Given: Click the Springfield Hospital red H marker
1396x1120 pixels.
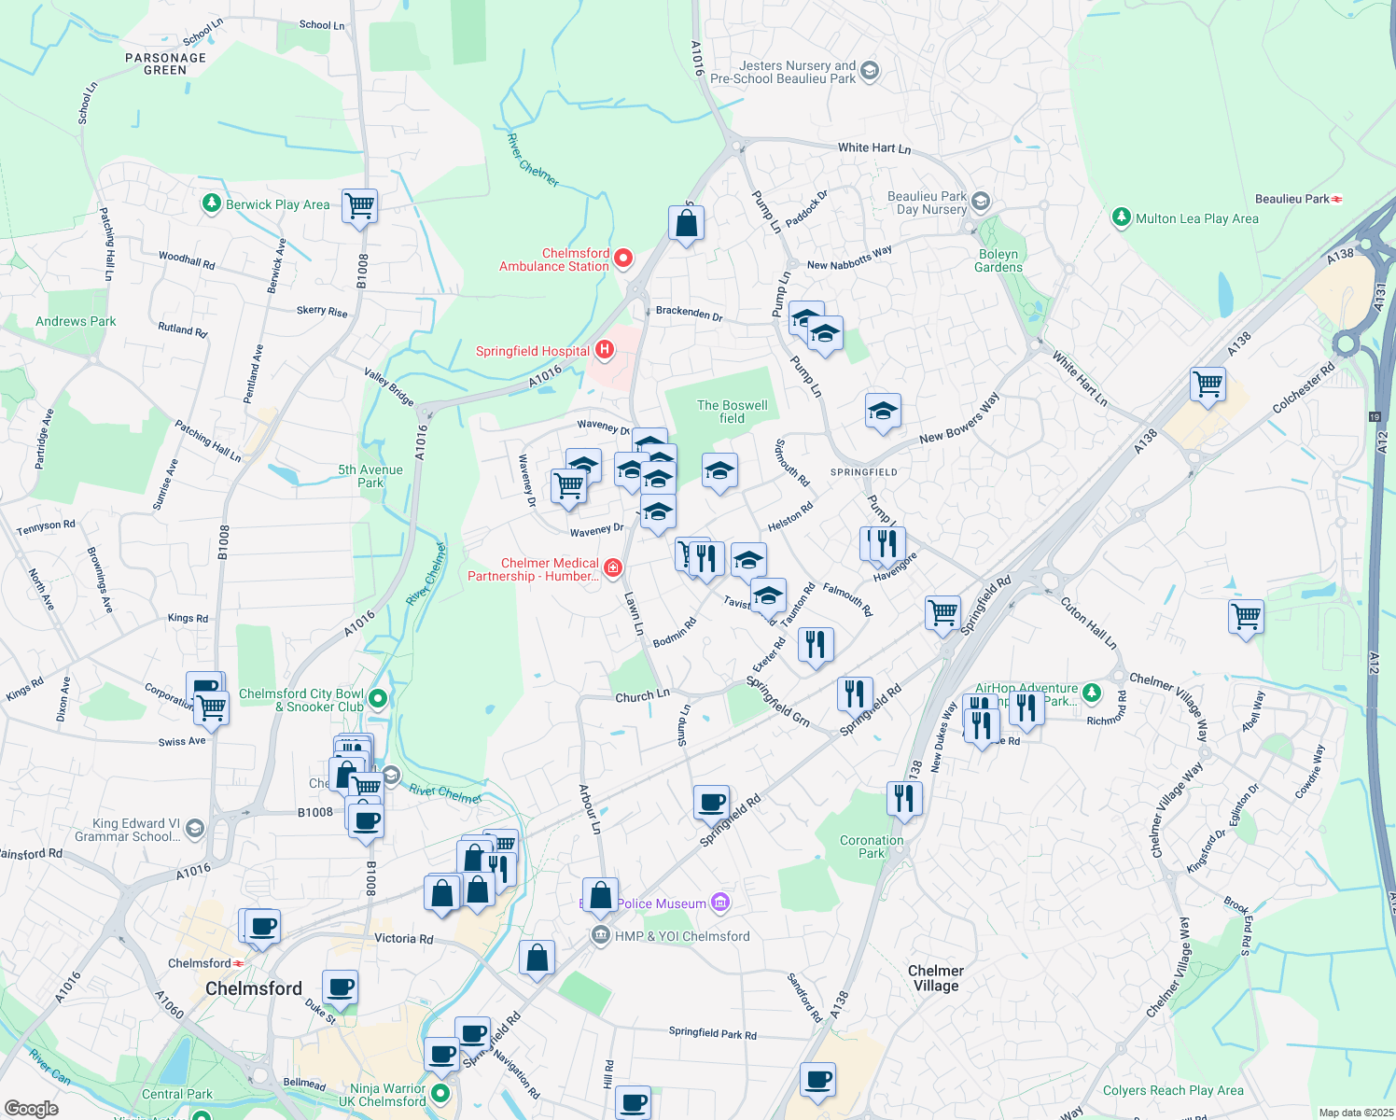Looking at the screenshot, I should pos(605,351).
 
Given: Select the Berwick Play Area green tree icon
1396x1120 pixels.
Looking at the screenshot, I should pos(212,203).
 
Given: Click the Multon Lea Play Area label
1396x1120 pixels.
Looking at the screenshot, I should pos(1197,218).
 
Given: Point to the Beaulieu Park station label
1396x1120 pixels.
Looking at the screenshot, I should pos(1291,199).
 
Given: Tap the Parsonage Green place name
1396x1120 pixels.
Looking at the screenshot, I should pos(165,63).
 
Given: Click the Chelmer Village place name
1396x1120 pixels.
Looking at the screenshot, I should pos(936,978).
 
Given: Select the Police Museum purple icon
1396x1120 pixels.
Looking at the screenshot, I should pos(719,903).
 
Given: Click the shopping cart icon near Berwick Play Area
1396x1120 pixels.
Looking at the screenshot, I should pos(359,204).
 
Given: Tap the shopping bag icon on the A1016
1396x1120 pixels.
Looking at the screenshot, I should pos(686,224).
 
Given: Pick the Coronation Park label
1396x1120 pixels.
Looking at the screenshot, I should pos(872,847).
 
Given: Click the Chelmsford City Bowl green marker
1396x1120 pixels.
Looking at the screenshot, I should pos(378,698).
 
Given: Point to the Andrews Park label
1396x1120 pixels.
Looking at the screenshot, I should pos(76,321).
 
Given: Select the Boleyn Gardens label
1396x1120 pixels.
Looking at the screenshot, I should pos(998,260).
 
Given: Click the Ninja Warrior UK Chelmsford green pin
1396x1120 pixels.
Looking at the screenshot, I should pos(440,1093).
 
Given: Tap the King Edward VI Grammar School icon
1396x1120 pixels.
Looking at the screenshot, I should pos(194,828).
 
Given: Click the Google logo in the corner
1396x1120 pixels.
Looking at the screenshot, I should pos(31,1108).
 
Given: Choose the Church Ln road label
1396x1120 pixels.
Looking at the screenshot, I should pos(642,696).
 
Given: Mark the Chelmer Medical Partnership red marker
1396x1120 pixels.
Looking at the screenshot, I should pos(613,567).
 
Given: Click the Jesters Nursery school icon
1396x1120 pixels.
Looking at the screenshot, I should pos(870,71).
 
